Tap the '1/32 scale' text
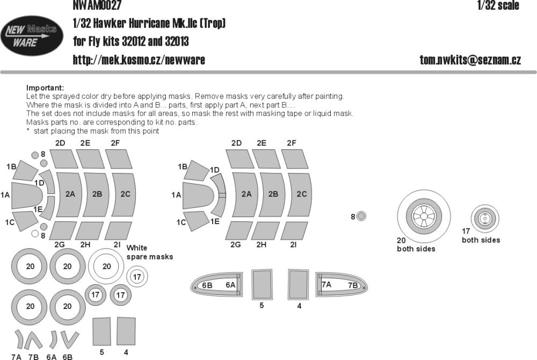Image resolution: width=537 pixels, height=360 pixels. (x=498, y=6)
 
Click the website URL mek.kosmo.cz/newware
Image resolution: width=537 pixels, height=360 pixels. (x=139, y=60)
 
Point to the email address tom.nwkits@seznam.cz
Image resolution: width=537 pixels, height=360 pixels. (x=470, y=60)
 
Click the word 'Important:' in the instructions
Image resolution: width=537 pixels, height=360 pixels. (x=45, y=88)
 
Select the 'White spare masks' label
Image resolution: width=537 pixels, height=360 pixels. (x=149, y=253)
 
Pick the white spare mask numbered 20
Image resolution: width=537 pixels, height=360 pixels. (x=106, y=266)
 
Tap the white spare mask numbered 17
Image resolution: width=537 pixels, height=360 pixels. (x=137, y=277)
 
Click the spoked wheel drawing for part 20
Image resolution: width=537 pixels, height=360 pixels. (x=423, y=217)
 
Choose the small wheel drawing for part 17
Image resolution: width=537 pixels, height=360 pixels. (x=484, y=218)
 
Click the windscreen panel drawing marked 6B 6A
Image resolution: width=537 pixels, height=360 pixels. (x=218, y=284)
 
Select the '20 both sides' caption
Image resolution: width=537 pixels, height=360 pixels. (x=416, y=245)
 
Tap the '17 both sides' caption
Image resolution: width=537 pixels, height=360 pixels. (x=481, y=236)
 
